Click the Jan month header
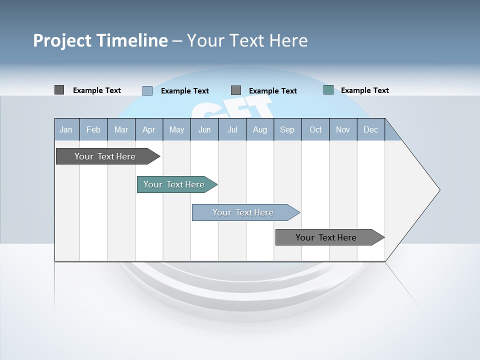point(66,129)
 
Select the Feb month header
point(93,129)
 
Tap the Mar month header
point(121,129)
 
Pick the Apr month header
point(149,129)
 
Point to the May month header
point(176,129)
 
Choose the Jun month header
point(204,129)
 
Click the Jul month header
point(232,129)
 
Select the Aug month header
point(260,129)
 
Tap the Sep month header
point(287,129)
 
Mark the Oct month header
point(315,129)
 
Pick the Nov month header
point(343,129)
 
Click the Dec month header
point(371,129)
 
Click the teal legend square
point(328,90)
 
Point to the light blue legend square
point(147,90)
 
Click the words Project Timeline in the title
point(100,40)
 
